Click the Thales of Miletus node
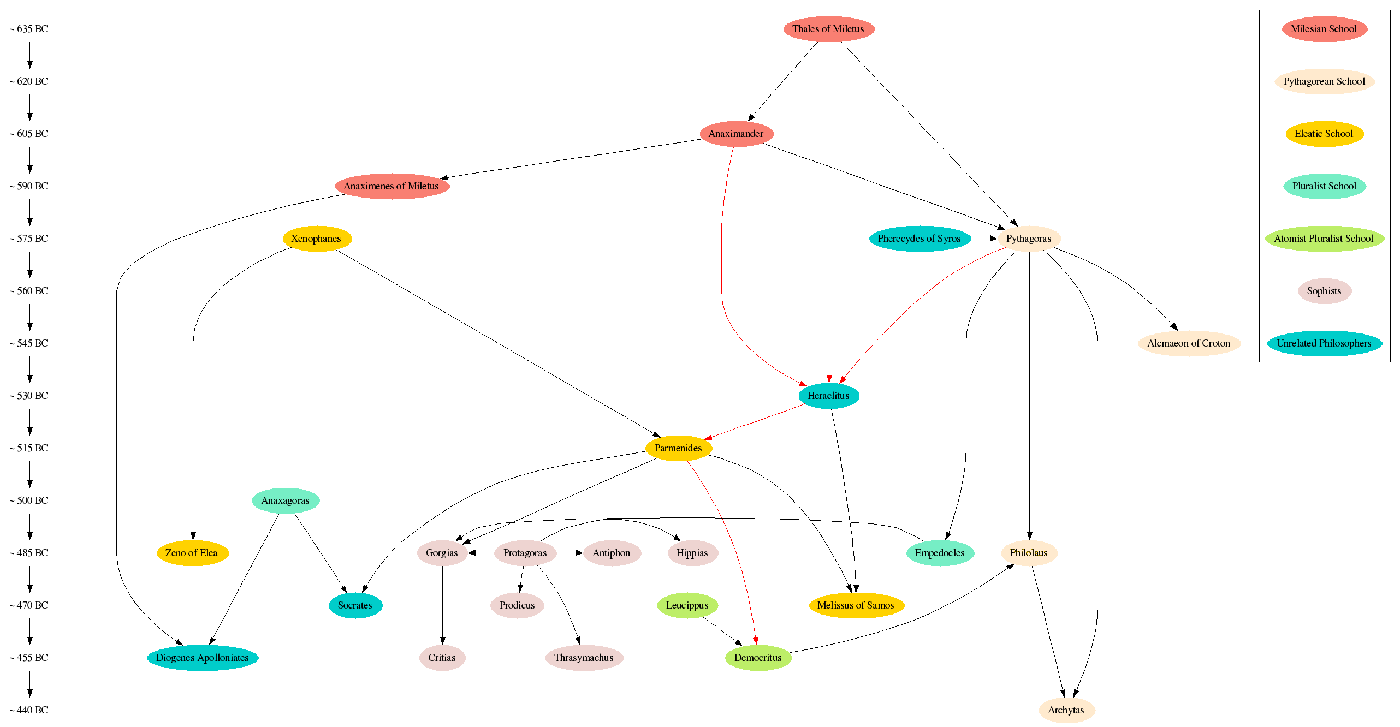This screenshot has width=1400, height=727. pyautogui.click(x=828, y=29)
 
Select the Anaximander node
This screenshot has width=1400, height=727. pyautogui.click(x=736, y=134)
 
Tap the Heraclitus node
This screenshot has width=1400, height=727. pyautogui.click(x=828, y=396)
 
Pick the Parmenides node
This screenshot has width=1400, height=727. pyautogui.click(x=678, y=448)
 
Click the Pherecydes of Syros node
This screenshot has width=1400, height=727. pyautogui.click(x=920, y=239)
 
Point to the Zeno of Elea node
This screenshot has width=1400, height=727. pyautogui.click(x=192, y=553)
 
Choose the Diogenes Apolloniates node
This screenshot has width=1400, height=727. pyautogui.click(x=203, y=658)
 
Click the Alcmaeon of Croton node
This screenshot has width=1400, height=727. pyautogui.click(x=1189, y=343)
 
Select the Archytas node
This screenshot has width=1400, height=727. pyautogui.click(x=1066, y=710)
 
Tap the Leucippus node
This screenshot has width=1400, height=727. pyautogui.click(x=687, y=605)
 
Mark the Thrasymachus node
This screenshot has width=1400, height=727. pyautogui.click(x=584, y=658)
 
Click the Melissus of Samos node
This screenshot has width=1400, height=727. pyautogui.click(x=856, y=605)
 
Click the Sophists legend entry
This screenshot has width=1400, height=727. pyautogui.click(x=1324, y=291)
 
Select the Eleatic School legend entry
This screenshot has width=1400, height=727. pyautogui.click(x=1324, y=134)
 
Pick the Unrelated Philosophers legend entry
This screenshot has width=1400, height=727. pyautogui.click(x=1324, y=343)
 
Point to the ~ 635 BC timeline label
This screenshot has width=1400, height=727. pyautogui.click(x=29, y=29)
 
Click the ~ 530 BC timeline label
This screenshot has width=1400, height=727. pyautogui.click(x=29, y=396)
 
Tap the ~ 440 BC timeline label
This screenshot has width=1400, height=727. pyautogui.click(x=29, y=710)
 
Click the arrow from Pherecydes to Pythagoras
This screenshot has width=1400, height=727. pyautogui.click(x=984, y=239)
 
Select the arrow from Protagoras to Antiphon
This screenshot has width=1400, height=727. pyautogui.click(x=570, y=553)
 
